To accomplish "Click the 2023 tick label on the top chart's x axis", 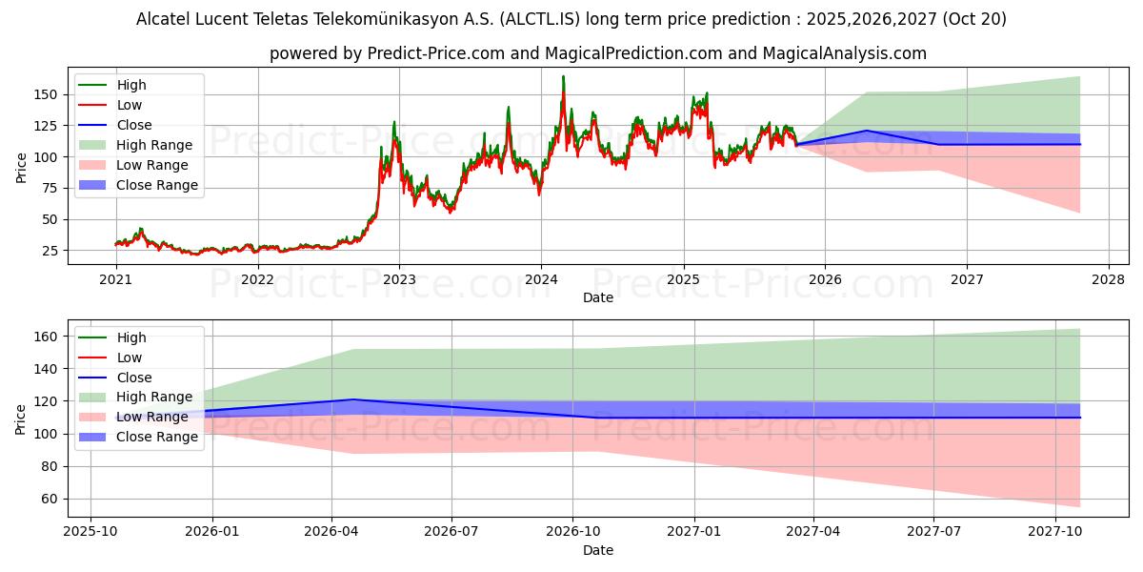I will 399,280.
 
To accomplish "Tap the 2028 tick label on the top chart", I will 1108,280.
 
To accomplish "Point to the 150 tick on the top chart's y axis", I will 45,94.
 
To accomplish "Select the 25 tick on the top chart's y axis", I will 49,251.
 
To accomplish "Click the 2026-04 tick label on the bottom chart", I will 331,532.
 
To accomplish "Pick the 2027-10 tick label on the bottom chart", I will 1054,532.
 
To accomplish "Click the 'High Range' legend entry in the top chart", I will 153,145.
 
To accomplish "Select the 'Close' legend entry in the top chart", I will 134,125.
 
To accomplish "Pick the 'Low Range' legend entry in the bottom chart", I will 151,417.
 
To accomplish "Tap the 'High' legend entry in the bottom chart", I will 131,337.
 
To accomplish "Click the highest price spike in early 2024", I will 563,77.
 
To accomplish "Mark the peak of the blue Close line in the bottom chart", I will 353,399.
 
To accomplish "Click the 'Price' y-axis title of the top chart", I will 21,167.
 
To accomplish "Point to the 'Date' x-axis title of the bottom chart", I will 597,550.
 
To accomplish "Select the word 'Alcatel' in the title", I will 163,19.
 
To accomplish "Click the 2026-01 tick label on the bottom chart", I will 212,532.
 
